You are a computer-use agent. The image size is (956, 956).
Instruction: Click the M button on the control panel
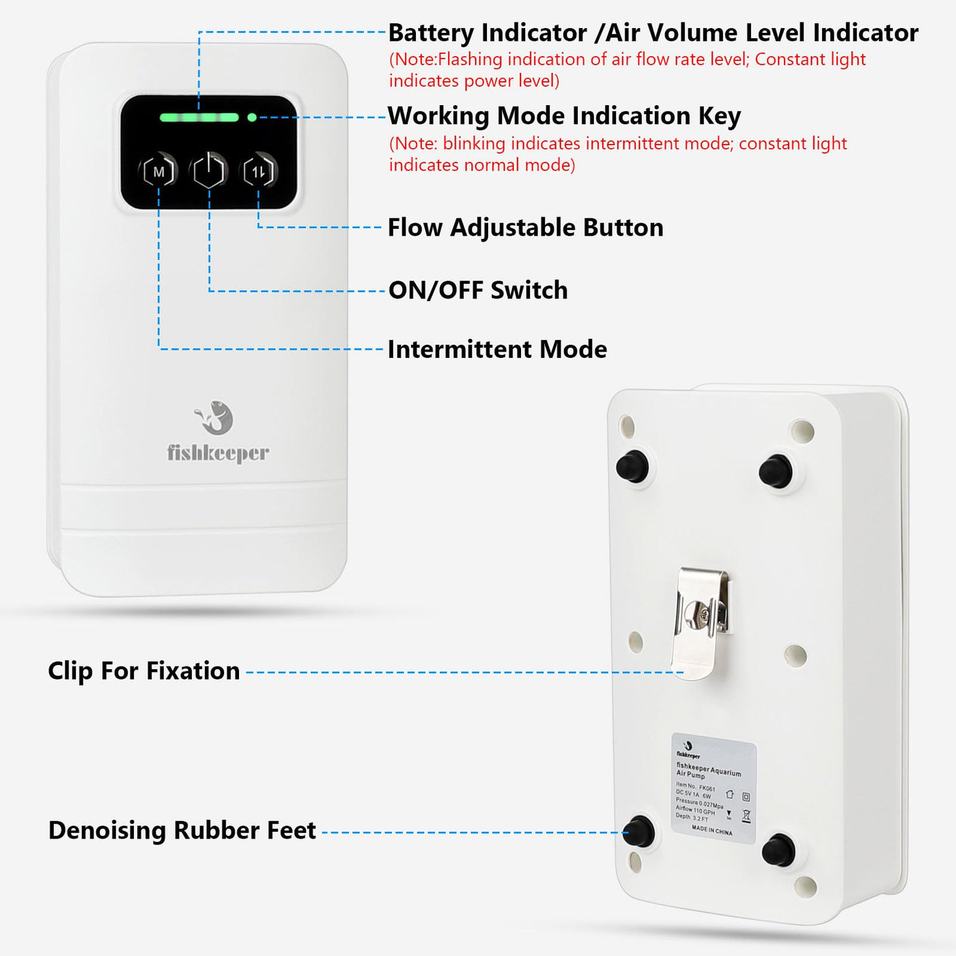(x=158, y=171)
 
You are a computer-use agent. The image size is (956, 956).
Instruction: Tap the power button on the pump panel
(x=209, y=171)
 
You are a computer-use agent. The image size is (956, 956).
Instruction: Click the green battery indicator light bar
(x=199, y=117)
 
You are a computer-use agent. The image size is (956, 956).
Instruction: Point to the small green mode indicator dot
(x=252, y=117)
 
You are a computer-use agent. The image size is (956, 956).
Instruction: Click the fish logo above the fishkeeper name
(x=216, y=417)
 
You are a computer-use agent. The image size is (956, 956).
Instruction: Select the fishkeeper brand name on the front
(x=218, y=453)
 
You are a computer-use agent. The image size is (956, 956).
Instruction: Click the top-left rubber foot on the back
(x=632, y=466)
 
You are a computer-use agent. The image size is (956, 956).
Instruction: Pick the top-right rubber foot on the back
(x=776, y=470)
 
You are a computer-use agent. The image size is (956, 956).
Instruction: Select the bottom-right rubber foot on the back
(x=778, y=849)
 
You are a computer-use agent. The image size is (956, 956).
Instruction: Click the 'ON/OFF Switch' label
(x=478, y=290)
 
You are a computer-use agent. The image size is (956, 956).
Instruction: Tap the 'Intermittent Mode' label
(x=497, y=350)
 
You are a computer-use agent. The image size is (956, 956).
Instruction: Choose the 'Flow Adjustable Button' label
(x=525, y=227)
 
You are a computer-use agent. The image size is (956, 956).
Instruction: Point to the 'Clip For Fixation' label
(x=144, y=671)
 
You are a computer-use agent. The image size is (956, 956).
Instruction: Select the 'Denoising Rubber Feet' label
(x=182, y=830)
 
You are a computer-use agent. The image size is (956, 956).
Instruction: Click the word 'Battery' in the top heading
(x=431, y=33)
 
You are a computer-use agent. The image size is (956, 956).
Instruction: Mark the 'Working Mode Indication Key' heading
(x=564, y=116)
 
